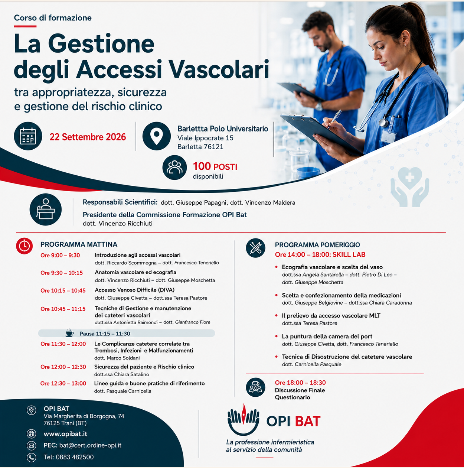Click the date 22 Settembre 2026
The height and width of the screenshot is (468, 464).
(x=88, y=137)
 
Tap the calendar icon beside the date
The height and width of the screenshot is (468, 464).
(x=28, y=136)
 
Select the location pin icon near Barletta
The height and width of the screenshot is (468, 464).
(x=156, y=136)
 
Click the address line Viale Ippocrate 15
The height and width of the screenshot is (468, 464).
(x=205, y=138)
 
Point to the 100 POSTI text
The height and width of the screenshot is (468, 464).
(x=215, y=167)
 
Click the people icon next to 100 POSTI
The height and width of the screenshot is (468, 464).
(x=174, y=168)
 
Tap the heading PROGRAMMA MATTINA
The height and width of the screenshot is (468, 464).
(x=79, y=244)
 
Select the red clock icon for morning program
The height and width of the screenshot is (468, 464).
(x=24, y=246)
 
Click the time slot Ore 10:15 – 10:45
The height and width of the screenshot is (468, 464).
(x=63, y=290)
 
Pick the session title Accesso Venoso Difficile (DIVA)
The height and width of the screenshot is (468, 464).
(x=134, y=290)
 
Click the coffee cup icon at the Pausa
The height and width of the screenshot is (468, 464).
(x=69, y=333)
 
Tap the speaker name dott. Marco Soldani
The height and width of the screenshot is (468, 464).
(x=117, y=358)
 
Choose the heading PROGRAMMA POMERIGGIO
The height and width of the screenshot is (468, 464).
(x=317, y=245)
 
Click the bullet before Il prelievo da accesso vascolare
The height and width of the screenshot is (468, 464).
(x=276, y=315)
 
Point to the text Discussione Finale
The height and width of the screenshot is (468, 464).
(x=300, y=390)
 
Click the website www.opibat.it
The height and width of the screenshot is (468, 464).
(x=65, y=434)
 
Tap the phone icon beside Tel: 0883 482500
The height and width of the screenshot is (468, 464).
(x=31, y=457)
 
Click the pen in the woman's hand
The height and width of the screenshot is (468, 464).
(x=334, y=118)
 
